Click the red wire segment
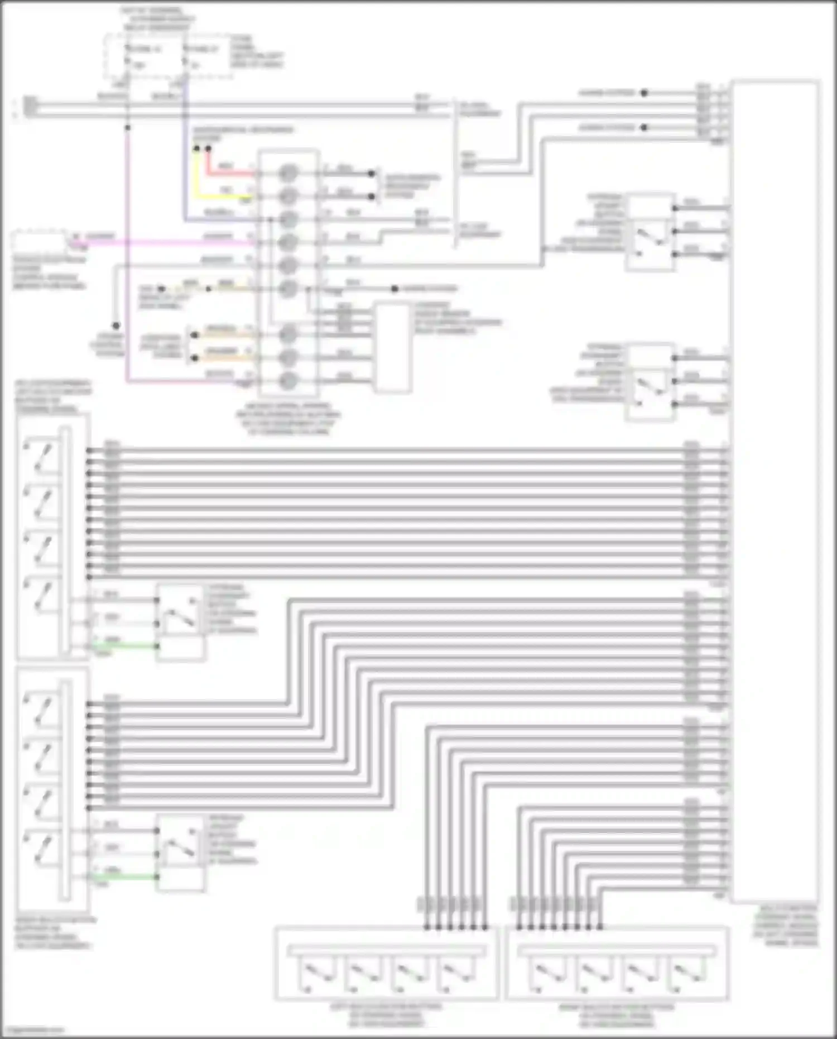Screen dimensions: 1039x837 click(x=229, y=173)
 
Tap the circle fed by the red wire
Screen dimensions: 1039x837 click(x=287, y=173)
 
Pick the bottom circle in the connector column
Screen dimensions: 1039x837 click(x=287, y=381)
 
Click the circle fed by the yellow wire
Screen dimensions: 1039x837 click(x=287, y=196)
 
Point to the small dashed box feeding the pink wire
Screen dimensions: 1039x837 click(x=39, y=241)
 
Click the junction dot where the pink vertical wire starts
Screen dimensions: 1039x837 click(x=128, y=127)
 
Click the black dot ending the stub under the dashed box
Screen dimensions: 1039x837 click(x=116, y=325)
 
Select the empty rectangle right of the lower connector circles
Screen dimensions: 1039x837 click(x=392, y=347)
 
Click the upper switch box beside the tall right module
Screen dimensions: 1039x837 click(x=650, y=232)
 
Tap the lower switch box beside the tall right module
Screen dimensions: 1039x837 click(x=650, y=382)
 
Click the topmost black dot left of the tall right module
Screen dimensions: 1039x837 click(x=644, y=93)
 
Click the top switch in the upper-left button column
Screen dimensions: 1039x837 click(x=42, y=455)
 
